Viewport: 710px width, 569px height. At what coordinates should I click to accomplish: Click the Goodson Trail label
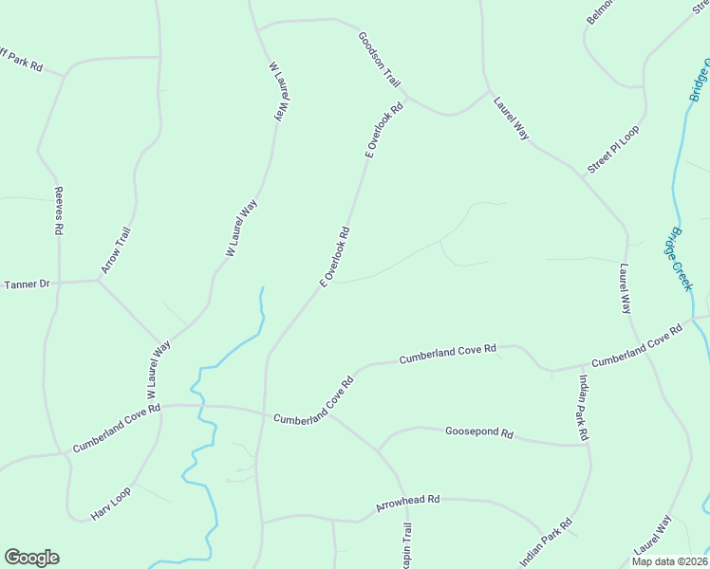tap(380, 60)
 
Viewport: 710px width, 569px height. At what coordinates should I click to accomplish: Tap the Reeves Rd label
tap(59, 211)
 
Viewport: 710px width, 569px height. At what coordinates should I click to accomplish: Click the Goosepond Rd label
tap(479, 432)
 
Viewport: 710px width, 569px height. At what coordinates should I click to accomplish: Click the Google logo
tap(31, 558)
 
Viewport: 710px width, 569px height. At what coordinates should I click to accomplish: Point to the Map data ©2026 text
tap(668, 560)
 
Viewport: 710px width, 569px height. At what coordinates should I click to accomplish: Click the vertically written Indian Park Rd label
tap(583, 408)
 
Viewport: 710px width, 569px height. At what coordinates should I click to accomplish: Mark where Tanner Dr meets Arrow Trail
tap(99, 280)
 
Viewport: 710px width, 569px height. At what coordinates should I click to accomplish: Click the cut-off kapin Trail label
tap(407, 545)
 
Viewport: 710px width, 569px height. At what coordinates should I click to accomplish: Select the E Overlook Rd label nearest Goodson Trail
tap(384, 130)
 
